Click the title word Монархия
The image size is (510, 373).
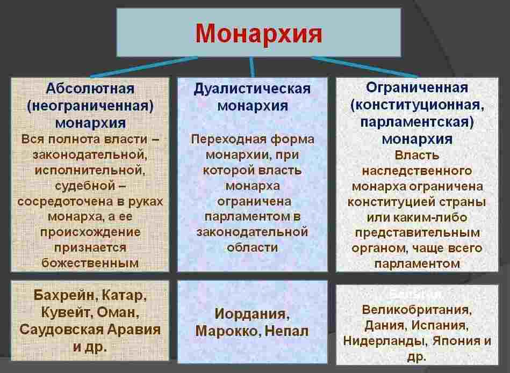point(258,33)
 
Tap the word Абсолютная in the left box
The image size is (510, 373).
point(90,88)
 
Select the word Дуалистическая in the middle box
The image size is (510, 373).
point(252,89)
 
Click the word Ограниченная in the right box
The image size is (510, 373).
point(417,87)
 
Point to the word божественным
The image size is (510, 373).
point(90,263)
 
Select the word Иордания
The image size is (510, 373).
point(252,313)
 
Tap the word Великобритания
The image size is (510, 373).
point(417,310)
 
